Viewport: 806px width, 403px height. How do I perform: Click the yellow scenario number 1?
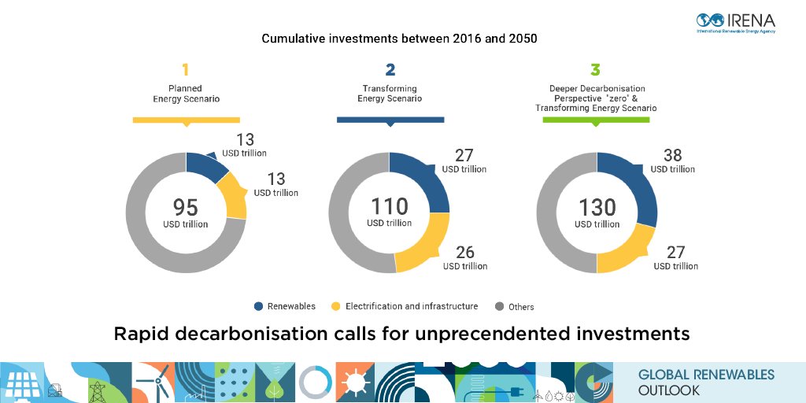click(x=186, y=70)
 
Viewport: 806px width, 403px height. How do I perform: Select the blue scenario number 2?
click(x=390, y=70)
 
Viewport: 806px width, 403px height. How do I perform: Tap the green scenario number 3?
click(x=597, y=70)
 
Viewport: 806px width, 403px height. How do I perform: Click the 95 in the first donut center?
click(x=186, y=207)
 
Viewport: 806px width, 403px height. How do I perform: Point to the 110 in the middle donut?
click(x=390, y=206)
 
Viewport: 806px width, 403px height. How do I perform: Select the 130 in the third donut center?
click(x=597, y=207)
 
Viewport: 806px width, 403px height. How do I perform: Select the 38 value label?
click(x=672, y=155)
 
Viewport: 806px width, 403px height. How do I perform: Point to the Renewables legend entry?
click(x=284, y=306)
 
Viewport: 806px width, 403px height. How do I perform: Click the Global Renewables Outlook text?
click(x=705, y=383)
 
